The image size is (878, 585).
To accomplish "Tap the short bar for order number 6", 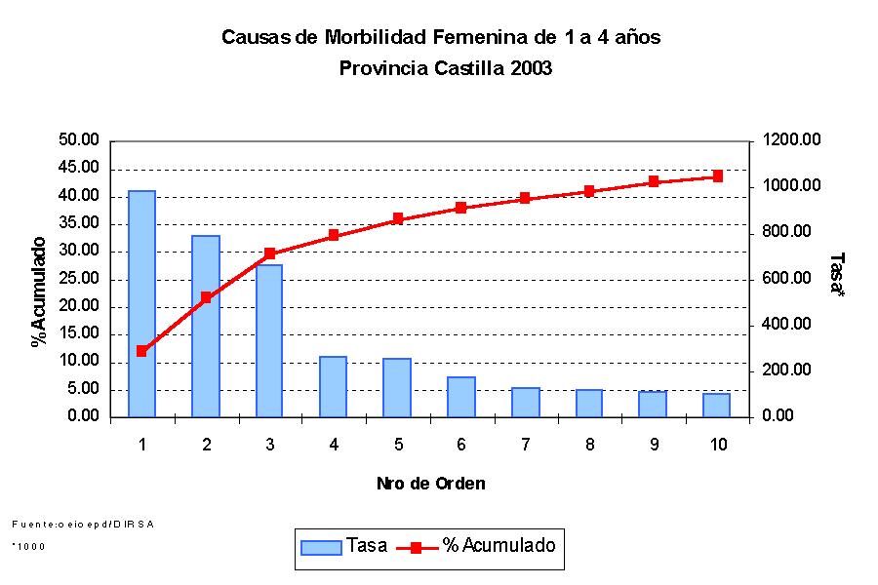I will click(x=461, y=397).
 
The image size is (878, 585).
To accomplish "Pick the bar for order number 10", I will click(x=717, y=406).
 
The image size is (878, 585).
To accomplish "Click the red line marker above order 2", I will click(x=206, y=297).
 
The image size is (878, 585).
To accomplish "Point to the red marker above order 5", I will click(x=398, y=219).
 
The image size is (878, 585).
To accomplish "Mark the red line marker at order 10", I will click(x=717, y=176).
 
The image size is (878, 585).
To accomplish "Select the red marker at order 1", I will click(x=142, y=351).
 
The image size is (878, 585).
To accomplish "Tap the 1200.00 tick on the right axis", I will click(x=791, y=140).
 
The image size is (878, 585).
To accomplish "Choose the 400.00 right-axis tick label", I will click(x=788, y=325).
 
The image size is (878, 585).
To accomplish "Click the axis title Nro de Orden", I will click(x=430, y=484).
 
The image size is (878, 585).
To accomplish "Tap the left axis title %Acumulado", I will click(x=39, y=292).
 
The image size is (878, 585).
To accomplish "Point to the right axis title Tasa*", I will click(x=837, y=274).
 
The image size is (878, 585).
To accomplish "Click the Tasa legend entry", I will click(x=343, y=546).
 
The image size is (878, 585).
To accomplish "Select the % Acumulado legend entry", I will click(x=477, y=546).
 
